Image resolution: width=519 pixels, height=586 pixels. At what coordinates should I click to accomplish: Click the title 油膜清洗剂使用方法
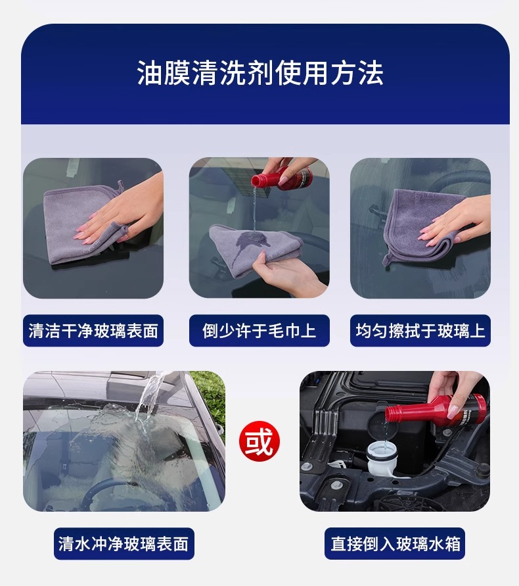click(259, 73)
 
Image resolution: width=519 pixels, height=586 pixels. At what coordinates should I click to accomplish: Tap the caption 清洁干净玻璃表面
click(93, 330)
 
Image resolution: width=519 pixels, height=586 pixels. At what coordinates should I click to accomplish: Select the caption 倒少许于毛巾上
click(259, 330)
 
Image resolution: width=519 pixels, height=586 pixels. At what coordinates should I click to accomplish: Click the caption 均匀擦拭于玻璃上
click(420, 330)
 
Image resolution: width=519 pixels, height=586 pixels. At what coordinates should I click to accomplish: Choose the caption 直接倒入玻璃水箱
click(395, 543)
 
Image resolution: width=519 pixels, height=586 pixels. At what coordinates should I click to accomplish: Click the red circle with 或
click(259, 441)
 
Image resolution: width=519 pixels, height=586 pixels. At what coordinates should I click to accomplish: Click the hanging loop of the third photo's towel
click(388, 258)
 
